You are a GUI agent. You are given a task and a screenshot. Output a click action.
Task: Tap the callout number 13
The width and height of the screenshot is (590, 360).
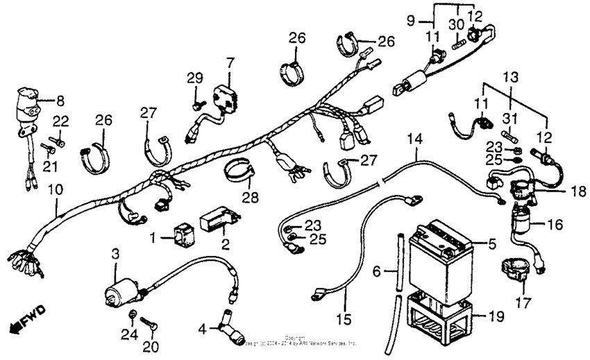511,75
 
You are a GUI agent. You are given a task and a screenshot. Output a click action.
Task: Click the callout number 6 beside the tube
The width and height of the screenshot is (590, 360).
377,273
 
